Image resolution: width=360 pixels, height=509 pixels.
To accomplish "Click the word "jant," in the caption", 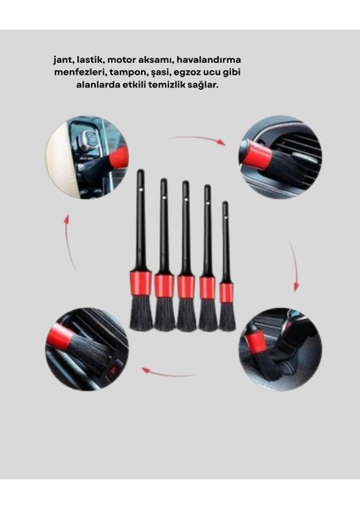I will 63,60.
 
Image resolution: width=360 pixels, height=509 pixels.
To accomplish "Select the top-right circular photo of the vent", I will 279,157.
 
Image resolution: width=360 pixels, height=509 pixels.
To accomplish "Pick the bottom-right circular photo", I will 279,349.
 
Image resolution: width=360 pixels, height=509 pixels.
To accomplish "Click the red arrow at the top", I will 200,138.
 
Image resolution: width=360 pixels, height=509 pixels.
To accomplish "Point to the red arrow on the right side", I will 293,266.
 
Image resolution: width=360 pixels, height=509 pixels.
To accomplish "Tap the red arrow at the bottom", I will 167,372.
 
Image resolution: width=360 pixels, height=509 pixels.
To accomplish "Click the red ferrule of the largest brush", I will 141,282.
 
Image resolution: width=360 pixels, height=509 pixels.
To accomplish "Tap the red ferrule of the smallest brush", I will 227,292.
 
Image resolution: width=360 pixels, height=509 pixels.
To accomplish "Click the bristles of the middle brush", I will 186,315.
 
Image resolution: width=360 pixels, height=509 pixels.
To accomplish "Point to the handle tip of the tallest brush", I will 140,175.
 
